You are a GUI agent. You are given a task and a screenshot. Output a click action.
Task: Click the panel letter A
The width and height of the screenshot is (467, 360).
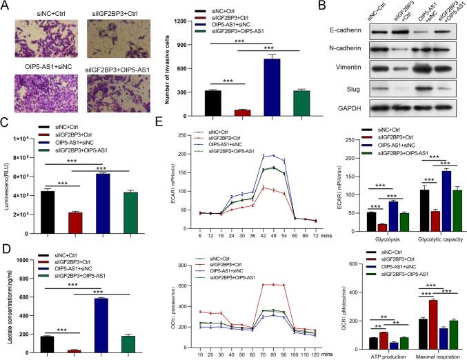6,6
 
